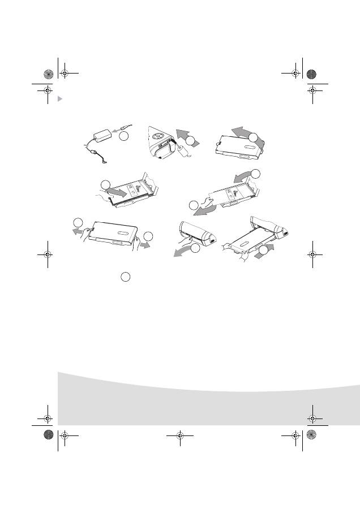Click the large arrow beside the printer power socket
click(182, 135)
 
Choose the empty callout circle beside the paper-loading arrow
click(105, 185)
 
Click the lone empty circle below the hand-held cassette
click(126, 276)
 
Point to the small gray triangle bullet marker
click(61, 99)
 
